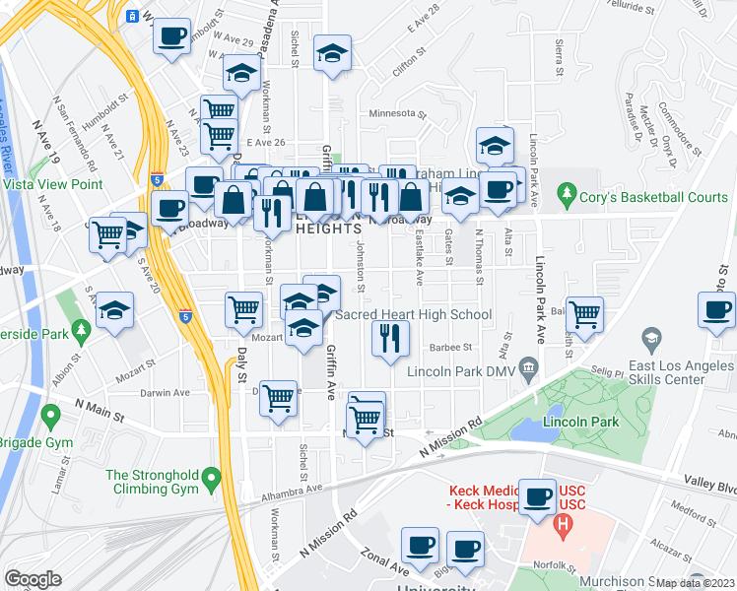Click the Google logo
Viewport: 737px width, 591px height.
[x=33, y=579]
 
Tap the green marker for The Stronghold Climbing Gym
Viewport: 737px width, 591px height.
[x=211, y=481]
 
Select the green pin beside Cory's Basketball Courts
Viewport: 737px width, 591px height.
[x=566, y=196]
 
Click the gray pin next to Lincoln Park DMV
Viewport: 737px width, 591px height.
[x=530, y=370]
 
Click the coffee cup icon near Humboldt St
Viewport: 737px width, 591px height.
[x=172, y=36]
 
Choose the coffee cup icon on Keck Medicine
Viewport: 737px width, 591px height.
[x=537, y=495]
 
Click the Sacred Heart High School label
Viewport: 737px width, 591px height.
[x=414, y=315]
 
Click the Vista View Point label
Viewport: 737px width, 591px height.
[x=53, y=184]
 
